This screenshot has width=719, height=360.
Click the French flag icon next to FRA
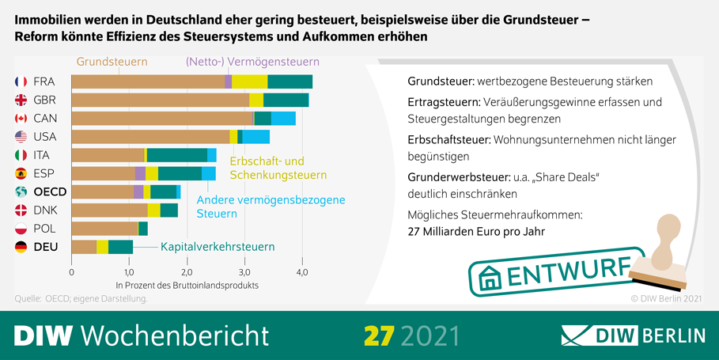coord(21,81)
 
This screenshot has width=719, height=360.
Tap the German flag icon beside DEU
coord(21,247)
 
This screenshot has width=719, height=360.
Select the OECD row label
coord(50,191)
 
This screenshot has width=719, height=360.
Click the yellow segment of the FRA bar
coord(250,81)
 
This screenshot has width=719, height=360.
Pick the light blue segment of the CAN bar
coord(283,118)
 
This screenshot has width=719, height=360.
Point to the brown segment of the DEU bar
coord(84,247)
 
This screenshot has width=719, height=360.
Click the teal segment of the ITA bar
coord(177,155)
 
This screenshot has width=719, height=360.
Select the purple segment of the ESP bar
coord(140,173)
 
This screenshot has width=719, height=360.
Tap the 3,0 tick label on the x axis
coord(244,272)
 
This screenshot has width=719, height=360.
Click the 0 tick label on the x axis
coord(72,272)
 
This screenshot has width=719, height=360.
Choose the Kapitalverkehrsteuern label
coord(218,247)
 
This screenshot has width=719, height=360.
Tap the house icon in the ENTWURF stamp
coord(491,278)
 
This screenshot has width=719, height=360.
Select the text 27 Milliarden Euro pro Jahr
coord(476,232)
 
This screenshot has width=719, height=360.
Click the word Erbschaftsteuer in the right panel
coord(448,139)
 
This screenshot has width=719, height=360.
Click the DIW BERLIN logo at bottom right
coord(633,335)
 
